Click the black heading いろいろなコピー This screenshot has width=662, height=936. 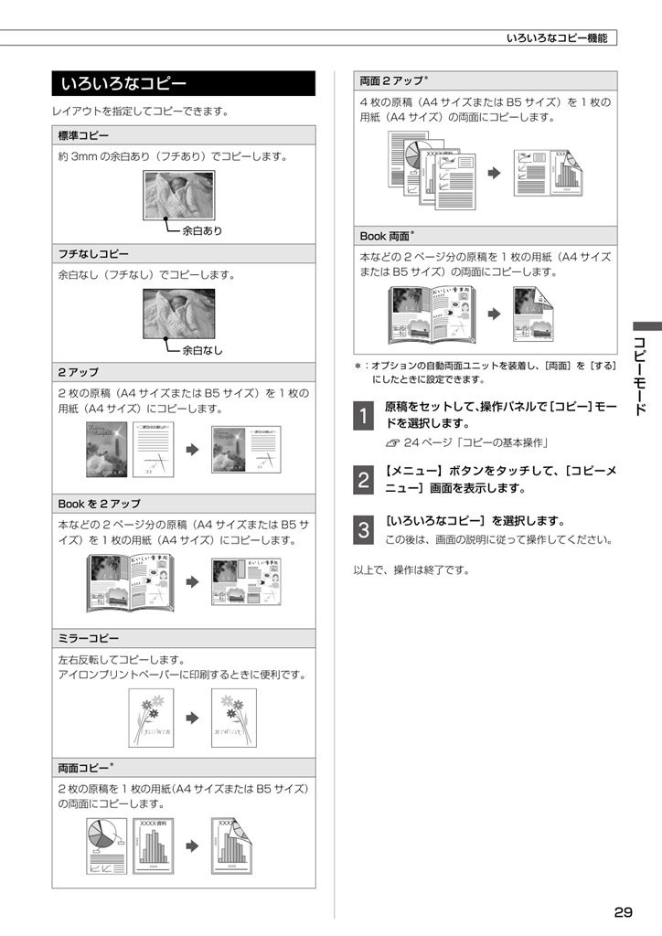coord(183,83)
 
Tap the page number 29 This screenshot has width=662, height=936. coord(623,912)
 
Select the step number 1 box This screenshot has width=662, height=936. coord(364,415)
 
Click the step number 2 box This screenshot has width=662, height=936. coord(364,479)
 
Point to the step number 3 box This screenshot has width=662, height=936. coord(364,529)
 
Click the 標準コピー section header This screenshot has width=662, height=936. coord(184,135)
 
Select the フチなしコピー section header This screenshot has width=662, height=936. coord(184,254)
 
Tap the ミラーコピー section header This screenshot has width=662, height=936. coord(184,638)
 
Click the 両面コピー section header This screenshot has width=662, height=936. coord(184,768)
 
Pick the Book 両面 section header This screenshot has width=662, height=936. coord(486,236)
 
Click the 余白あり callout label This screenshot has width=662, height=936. coord(202,231)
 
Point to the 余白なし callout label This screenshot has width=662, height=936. coord(202,350)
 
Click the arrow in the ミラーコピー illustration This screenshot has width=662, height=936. coord(192,718)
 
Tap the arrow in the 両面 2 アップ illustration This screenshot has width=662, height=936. coord(495,173)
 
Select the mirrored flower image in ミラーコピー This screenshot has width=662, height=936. coord(234,718)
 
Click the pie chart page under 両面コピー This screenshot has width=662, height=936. coord(107,846)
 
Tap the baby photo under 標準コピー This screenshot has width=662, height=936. coord(179,196)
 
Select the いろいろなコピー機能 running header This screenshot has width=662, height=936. coord(557,38)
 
